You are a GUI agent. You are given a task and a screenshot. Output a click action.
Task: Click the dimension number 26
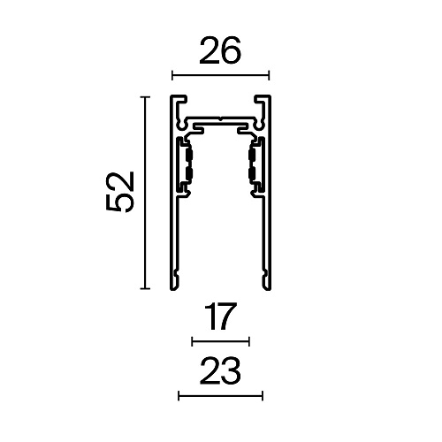pos(220,50)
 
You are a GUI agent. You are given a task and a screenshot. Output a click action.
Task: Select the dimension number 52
pos(120,192)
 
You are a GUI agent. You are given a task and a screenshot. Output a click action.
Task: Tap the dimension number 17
pos(220,316)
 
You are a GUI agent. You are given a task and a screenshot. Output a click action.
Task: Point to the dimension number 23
pos(220,370)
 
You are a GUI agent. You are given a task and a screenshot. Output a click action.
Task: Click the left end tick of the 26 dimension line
pos(172,75)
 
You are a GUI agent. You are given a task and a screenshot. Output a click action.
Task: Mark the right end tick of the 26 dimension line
pos(269,75)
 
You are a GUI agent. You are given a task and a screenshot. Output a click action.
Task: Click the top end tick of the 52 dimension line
pos(145,96)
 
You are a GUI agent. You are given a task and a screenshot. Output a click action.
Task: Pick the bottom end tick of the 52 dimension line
pos(145,288)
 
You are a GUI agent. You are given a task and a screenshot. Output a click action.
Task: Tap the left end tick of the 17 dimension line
pos(192,342)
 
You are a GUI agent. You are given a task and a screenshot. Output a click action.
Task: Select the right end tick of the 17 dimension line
pos(249,342)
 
